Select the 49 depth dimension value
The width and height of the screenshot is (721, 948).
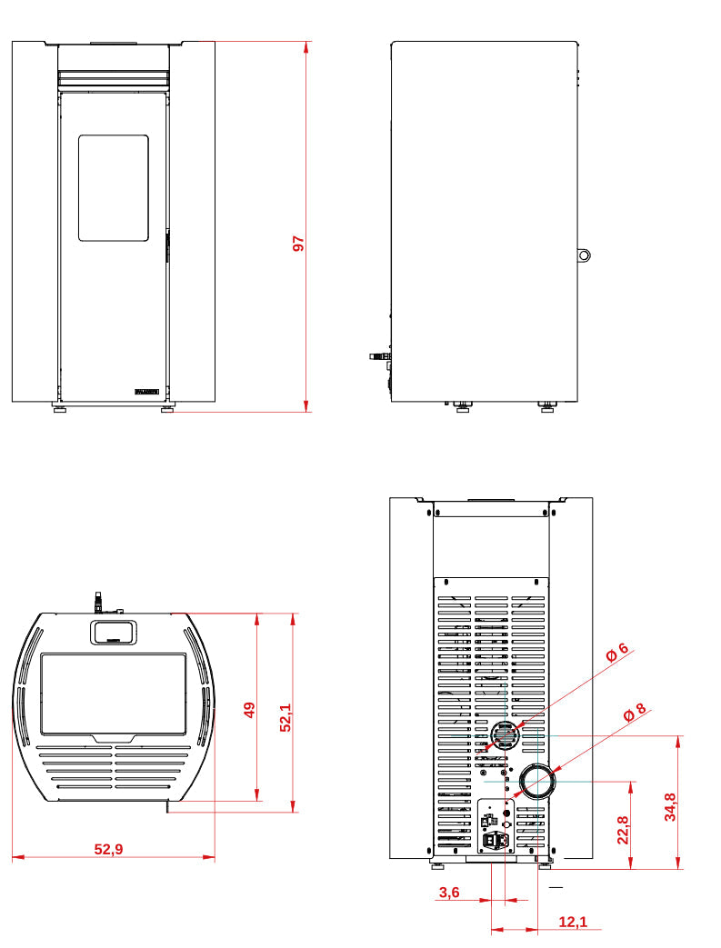click(250, 710)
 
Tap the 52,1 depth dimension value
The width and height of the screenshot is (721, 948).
click(285, 716)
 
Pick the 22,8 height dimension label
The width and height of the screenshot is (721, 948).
click(623, 829)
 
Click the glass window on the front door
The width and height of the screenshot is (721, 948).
click(113, 188)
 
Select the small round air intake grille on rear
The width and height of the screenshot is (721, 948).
click(504, 737)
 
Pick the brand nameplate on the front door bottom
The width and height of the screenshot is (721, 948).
click(146, 392)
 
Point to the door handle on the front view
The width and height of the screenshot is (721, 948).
click(167, 245)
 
